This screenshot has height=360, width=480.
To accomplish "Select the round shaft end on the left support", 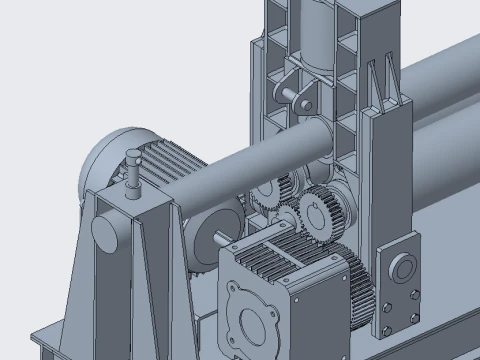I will (x=104, y=232).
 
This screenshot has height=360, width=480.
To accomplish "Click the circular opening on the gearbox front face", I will (x=251, y=323).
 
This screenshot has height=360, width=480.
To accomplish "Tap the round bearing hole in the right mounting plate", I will (x=403, y=268).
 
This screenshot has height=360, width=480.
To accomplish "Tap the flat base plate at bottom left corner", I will (x=45, y=345).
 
